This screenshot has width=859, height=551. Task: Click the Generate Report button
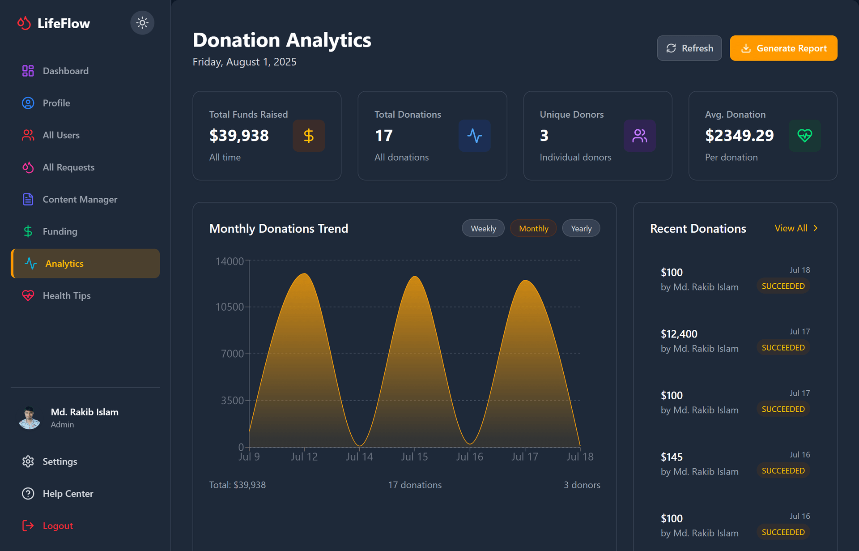[783, 48]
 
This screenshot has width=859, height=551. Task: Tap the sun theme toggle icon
[142, 23]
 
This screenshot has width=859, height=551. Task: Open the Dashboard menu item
[65, 71]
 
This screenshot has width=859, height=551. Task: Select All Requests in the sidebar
[68, 167]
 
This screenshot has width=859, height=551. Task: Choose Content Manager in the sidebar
[80, 200]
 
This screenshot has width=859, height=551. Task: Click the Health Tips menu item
[66, 296]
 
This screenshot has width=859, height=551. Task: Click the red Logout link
[57, 526]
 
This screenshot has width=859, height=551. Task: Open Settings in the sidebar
[60, 461]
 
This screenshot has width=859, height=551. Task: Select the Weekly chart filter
[483, 229]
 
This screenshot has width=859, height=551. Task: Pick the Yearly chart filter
[581, 229]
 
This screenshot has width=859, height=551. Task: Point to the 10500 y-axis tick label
[230, 307]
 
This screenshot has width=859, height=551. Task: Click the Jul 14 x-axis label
[359, 457]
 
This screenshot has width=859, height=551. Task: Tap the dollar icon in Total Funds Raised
[309, 136]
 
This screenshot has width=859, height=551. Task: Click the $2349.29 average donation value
[739, 136]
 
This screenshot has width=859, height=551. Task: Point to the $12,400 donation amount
[679, 334]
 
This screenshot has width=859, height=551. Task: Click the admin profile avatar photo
[30, 418]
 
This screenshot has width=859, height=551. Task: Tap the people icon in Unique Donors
[639, 136]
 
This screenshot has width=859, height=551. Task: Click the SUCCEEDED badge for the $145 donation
[783, 471]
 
